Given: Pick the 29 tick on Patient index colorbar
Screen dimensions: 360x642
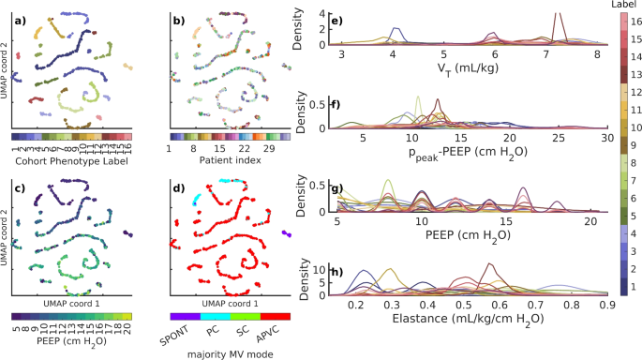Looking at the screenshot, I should click(x=269, y=148).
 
